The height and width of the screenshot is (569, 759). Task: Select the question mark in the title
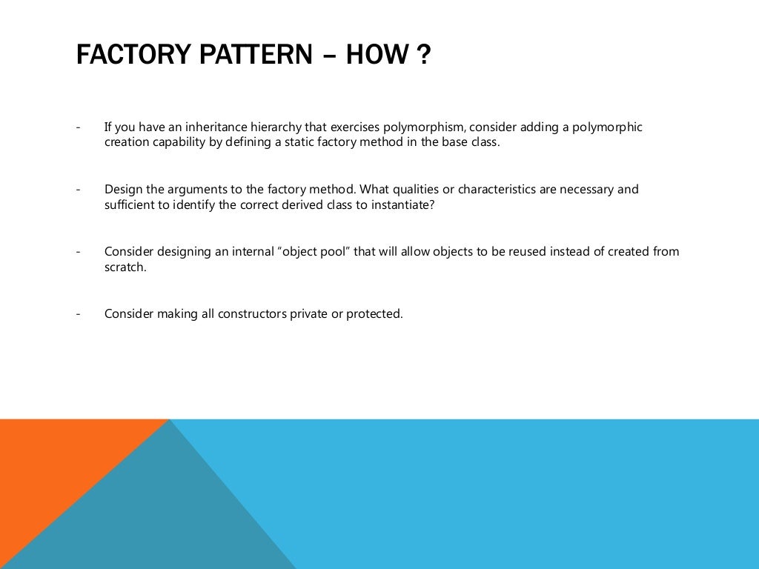pyautogui.click(x=423, y=56)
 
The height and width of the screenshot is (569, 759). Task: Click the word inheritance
pyautogui.click(x=196, y=127)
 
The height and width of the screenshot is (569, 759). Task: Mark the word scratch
pyautogui.click(x=125, y=267)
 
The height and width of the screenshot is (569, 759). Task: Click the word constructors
pyautogui.click(x=239, y=313)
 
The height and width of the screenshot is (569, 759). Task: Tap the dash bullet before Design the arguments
pyautogui.click(x=78, y=190)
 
